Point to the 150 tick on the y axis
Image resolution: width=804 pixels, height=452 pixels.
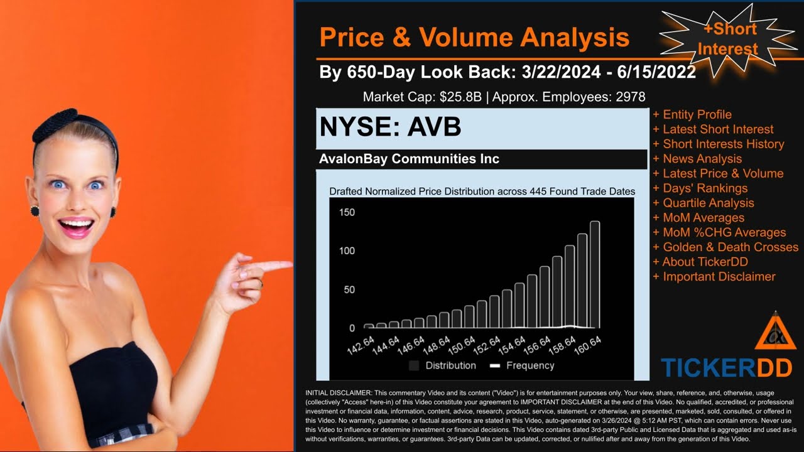coord(347,212)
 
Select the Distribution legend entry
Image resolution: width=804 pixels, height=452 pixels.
coord(442,365)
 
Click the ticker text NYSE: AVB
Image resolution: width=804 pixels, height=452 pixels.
coord(390,127)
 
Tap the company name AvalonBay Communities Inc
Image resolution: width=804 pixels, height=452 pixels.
coord(409,159)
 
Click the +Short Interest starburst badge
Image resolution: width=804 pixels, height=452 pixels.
coord(729,39)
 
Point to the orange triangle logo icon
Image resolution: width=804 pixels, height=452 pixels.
coord(775,333)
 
